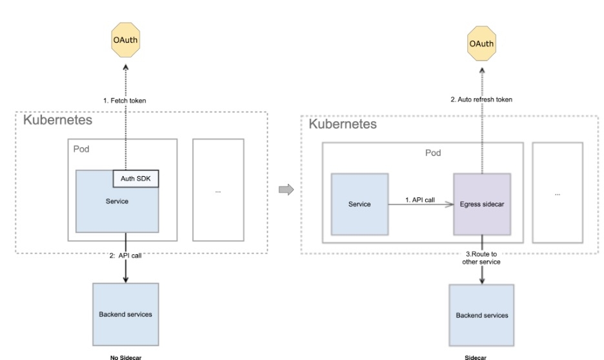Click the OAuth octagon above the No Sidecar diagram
point(125,41)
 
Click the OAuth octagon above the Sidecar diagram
point(481,44)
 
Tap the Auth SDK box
point(136,177)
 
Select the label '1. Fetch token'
point(125,101)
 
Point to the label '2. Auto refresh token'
point(481,99)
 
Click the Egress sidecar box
point(482,204)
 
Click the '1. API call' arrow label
point(420,200)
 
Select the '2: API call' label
point(125,255)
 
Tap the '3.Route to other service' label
point(481,258)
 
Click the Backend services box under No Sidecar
point(125,314)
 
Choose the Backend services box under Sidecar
point(482,315)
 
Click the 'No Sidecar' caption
point(125,355)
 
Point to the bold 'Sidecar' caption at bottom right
point(476,356)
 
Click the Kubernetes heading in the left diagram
point(57,120)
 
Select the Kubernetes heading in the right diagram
point(343,123)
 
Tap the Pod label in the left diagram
point(81,149)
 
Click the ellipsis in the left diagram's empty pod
point(218,192)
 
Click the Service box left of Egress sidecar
point(359,204)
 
